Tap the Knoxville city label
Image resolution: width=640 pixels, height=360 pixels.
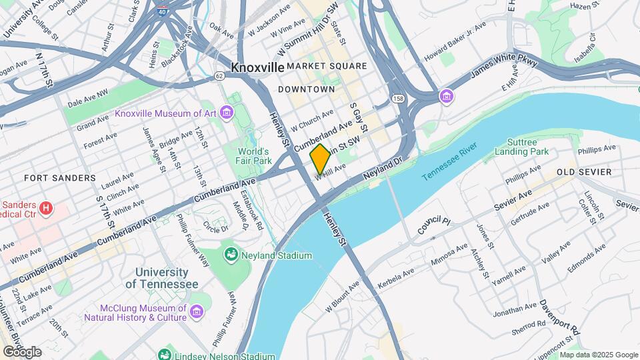[x=257, y=67]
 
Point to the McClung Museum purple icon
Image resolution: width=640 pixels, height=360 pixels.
[x=196, y=312]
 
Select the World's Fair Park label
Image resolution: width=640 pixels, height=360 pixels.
[x=256, y=156]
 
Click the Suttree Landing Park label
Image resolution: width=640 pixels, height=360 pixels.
[x=522, y=147]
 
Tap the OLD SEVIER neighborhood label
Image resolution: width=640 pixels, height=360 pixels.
[x=584, y=172]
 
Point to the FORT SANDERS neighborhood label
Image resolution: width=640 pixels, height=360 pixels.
[x=51, y=178]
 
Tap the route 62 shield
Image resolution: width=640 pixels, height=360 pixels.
[x=219, y=76]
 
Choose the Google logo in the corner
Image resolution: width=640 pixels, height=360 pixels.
[x=23, y=351]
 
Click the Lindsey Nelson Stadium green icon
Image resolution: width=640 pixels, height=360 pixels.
[x=164, y=355]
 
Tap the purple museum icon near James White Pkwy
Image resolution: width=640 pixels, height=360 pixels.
[x=445, y=97]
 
